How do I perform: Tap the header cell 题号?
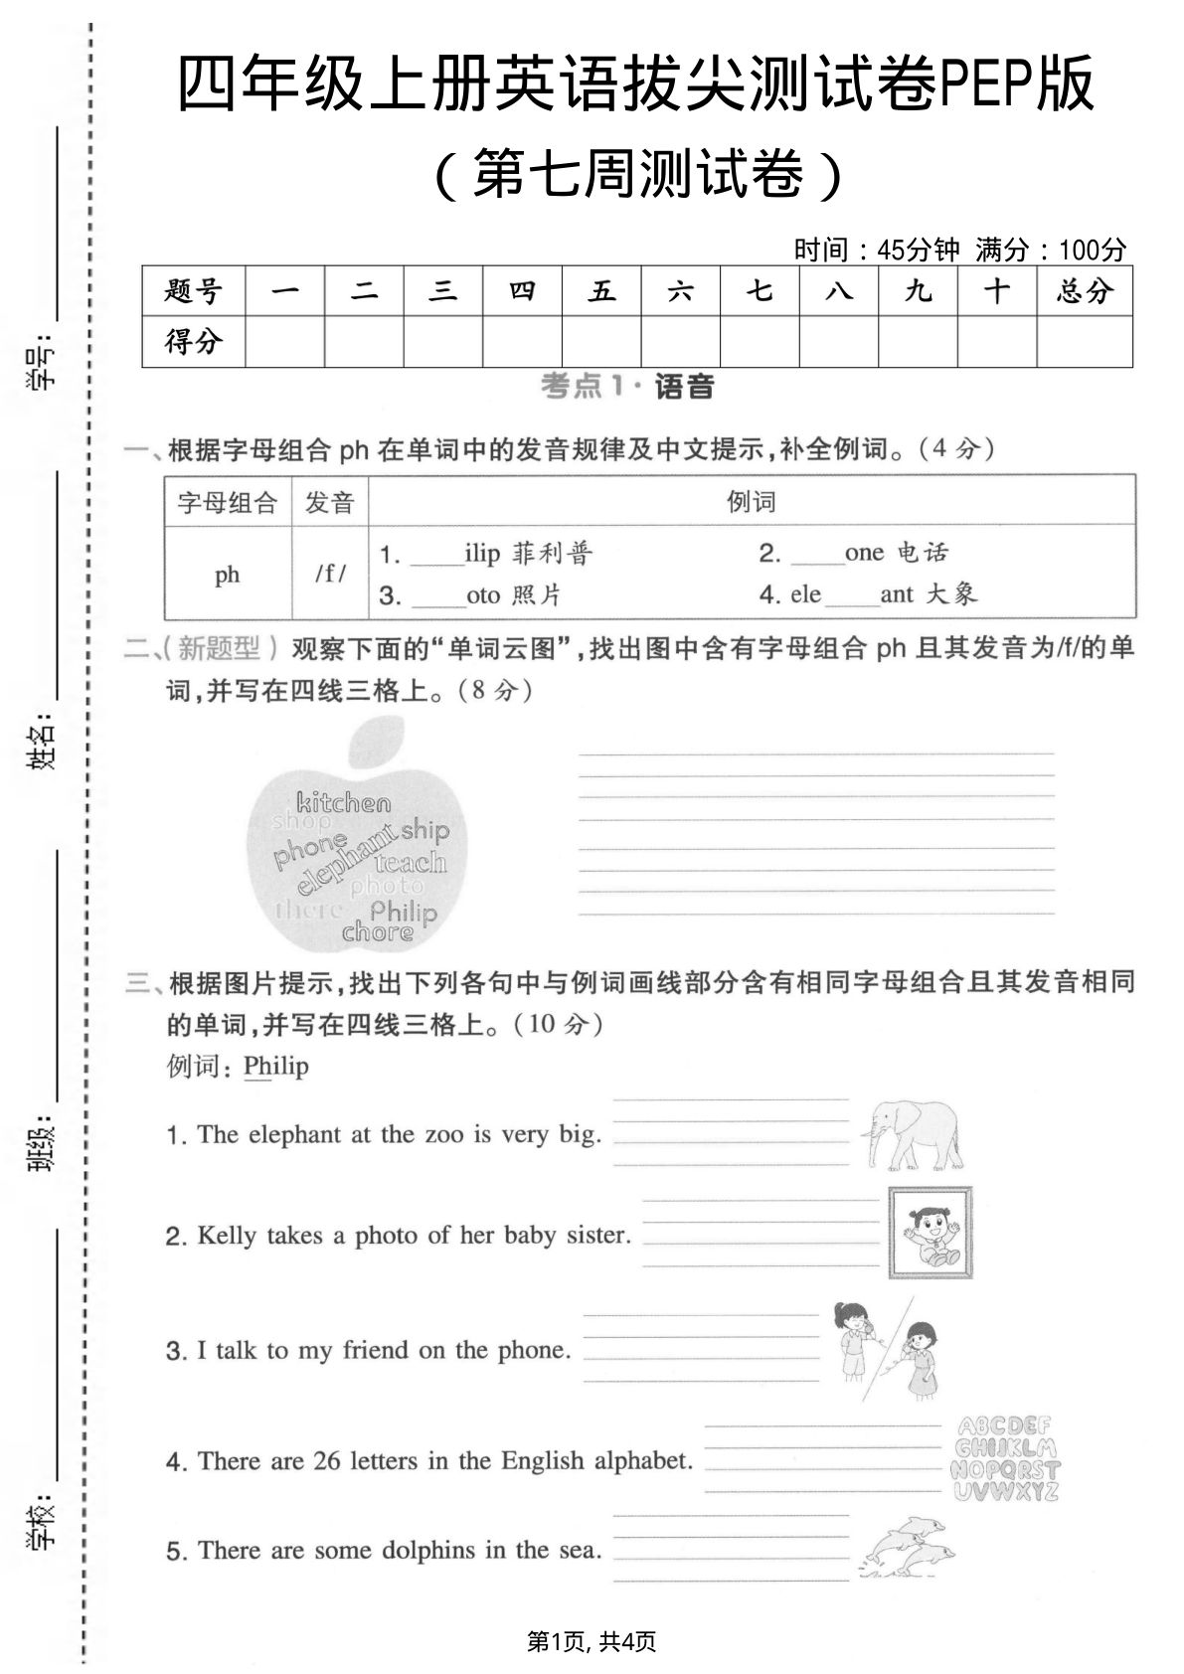click(193, 291)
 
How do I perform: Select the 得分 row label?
click(193, 342)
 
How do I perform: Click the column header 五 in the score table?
click(600, 291)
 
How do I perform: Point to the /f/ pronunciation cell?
click(330, 574)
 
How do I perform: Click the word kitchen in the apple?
click(343, 802)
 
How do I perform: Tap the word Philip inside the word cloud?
click(403, 912)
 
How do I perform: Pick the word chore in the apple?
click(377, 932)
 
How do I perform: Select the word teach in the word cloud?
click(411, 862)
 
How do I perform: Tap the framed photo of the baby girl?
click(929, 1233)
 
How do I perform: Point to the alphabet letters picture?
click(1005, 1458)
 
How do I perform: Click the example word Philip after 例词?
click(275, 1066)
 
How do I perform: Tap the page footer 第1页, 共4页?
click(592, 1641)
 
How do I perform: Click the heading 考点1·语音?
click(627, 387)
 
